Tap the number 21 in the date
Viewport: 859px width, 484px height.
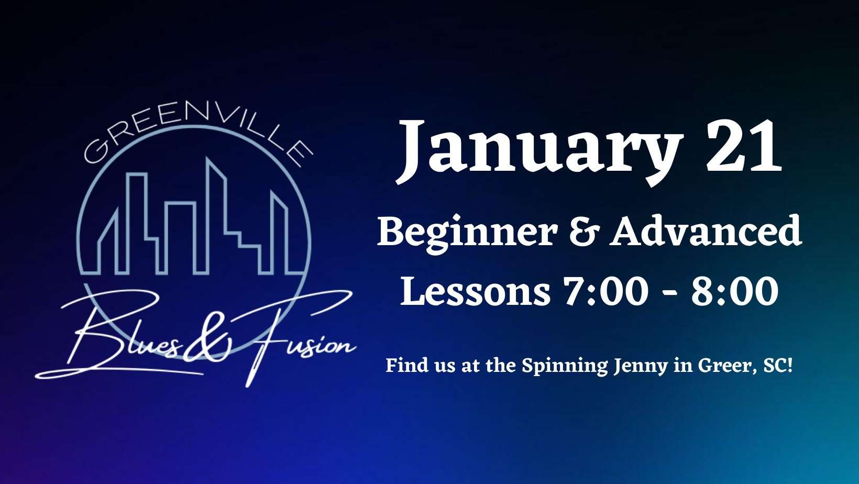pos(744,146)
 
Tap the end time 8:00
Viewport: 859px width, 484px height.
pos(735,291)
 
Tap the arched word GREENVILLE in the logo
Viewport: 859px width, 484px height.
pos(199,137)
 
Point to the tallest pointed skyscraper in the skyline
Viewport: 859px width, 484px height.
pos(215,215)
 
